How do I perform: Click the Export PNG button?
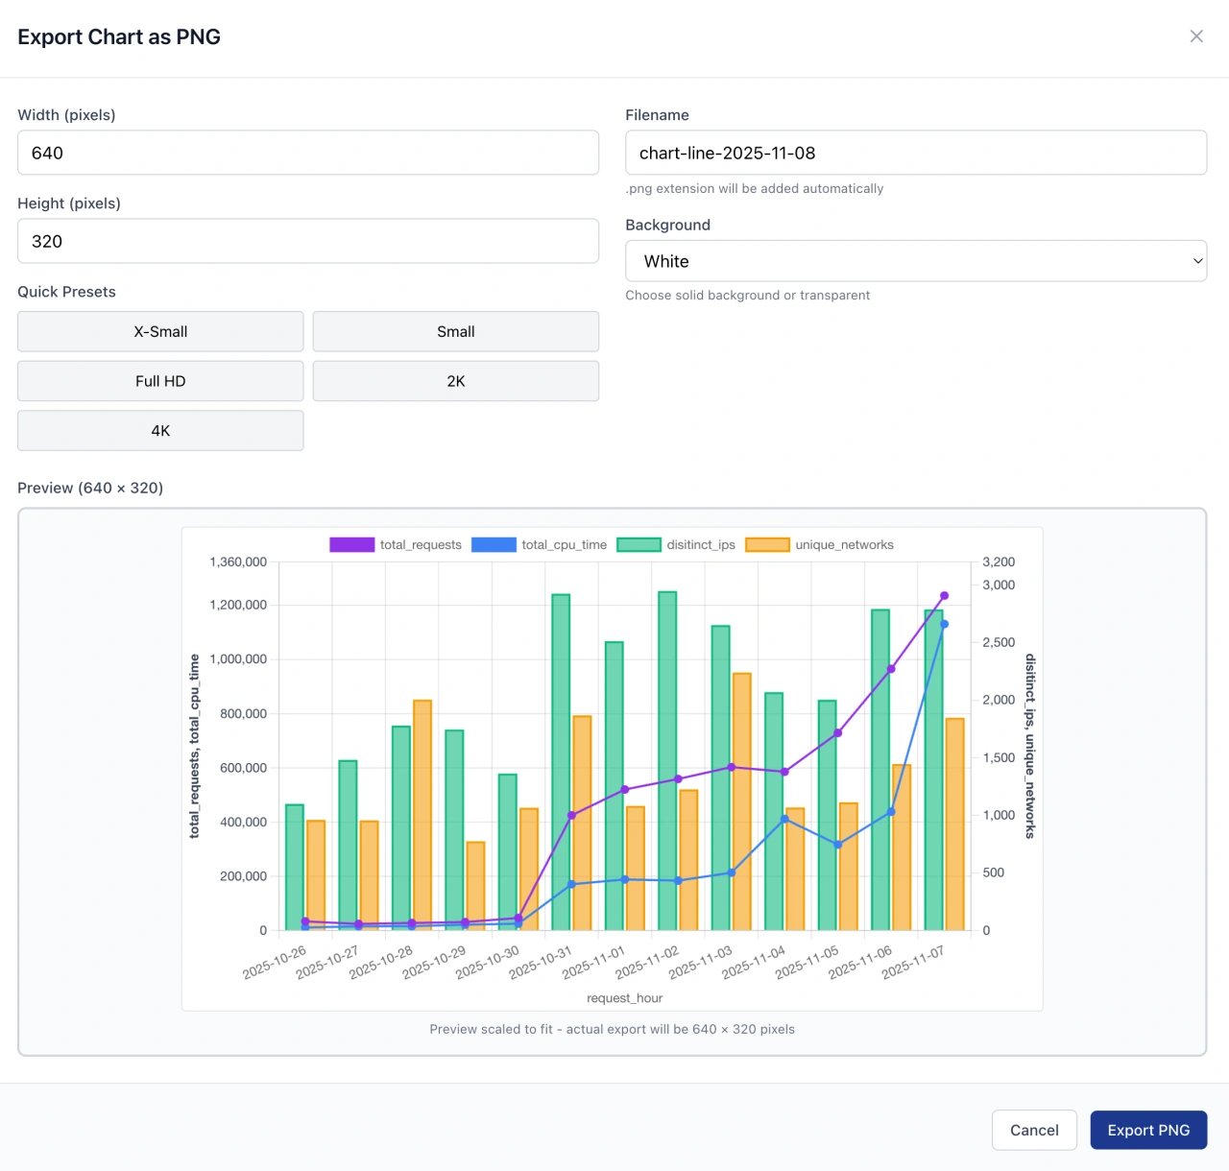coord(1148,1130)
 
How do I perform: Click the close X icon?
coord(1196,36)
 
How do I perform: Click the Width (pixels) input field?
coord(307,153)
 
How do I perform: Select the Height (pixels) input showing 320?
coord(307,241)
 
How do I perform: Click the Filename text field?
coord(915,153)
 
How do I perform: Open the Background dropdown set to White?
coord(915,261)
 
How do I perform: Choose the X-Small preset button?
coord(160,331)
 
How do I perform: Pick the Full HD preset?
coord(160,381)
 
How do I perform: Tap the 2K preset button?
coord(455,381)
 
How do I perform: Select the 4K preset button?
coord(160,431)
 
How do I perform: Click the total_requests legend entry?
coord(396,544)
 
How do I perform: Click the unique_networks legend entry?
coord(820,544)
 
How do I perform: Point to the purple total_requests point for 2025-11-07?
coord(944,596)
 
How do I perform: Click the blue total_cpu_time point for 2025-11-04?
coord(784,819)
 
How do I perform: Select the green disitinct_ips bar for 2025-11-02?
coord(667,760)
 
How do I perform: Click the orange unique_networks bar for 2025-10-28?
coord(422,815)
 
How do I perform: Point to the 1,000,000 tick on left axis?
coord(238,659)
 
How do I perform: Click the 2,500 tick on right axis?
coord(999,642)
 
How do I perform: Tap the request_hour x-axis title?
coord(624,998)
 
